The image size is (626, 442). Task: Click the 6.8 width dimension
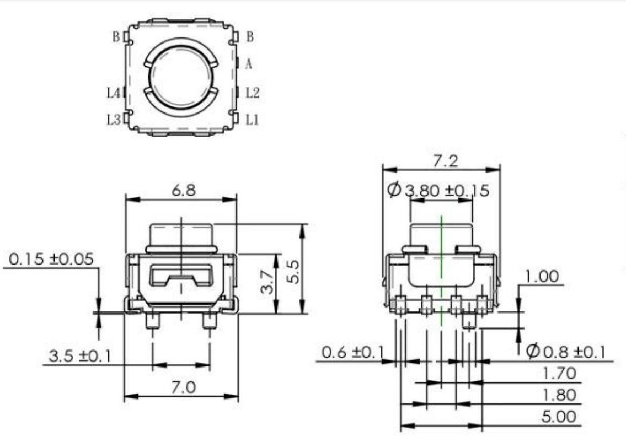tap(184, 190)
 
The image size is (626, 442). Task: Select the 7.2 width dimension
tap(446, 161)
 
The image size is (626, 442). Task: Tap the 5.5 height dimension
tap(293, 272)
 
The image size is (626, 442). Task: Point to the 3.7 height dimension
tap(267, 282)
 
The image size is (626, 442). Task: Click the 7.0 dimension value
tap(183, 387)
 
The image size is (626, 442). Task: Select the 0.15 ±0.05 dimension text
tap(51, 259)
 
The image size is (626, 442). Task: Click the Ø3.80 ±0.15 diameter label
tap(438, 190)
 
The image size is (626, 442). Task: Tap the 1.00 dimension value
tap(542, 276)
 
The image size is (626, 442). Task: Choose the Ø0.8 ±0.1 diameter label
tap(566, 352)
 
